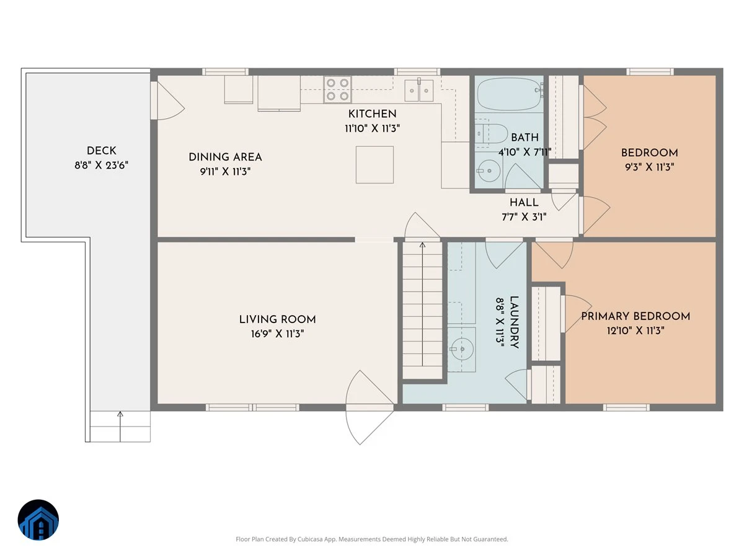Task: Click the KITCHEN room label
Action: click(372, 114)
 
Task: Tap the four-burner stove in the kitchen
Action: click(337, 89)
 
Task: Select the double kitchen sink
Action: click(419, 90)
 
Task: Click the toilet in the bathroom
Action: click(490, 133)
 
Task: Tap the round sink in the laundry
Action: click(462, 348)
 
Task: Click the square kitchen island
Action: click(374, 165)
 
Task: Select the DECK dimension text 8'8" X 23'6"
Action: click(101, 166)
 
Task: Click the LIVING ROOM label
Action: click(277, 319)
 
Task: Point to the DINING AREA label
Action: click(226, 157)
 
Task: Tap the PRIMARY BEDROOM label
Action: click(635, 316)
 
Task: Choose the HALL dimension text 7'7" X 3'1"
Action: click(524, 217)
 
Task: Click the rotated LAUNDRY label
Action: click(514, 322)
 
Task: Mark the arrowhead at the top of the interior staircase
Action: click(422, 245)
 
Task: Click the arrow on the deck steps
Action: click(120, 427)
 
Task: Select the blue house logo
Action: click(38, 520)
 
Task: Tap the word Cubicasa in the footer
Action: click(310, 539)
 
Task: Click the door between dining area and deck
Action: click(167, 100)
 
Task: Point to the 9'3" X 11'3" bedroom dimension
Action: click(649, 167)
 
